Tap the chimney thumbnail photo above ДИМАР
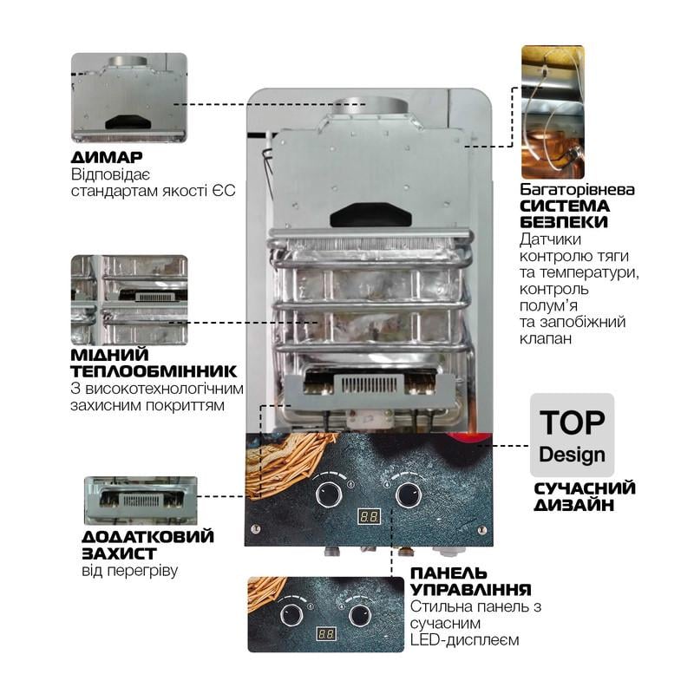pyautogui.click(x=128, y=98)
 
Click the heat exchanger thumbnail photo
pyautogui.click(x=128, y=299)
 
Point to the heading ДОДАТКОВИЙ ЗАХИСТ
pyautogui.click(x=147, y=545)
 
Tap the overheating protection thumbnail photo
pyautogui.click(x=141, y=500)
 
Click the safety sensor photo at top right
pyautogui.click(x=552, y=112)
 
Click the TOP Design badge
pyautogui.click(x=572, y=435)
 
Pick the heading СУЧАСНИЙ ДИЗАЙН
pyautogui.click(x=584, y=495)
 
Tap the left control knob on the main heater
pyautogui.click(x=328, y=494)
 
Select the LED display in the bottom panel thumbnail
pyautogui.click(x=326, y=633)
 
